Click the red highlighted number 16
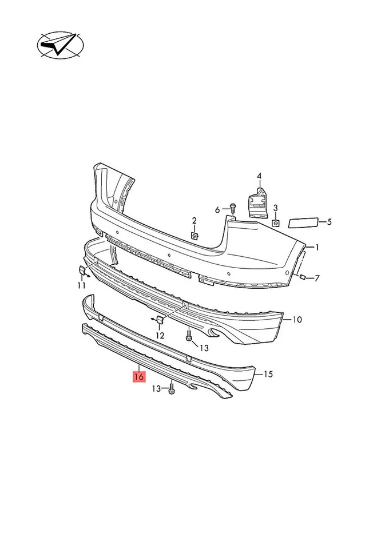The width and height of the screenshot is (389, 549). pyautogui.click(x=138, y=377)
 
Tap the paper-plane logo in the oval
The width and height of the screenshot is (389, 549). pyautogui.click(x=59, y=45)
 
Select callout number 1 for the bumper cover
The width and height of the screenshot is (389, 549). pyautogui.click(x=317, y=247)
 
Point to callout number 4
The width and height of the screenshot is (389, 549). pyautogui.click(x=259, y=176)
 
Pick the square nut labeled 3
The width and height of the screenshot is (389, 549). pyautogui.click(x=275, y=222)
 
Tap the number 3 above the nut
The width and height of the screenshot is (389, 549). pyautogui.click(x=275, y=208)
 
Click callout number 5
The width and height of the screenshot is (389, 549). pyautogui.click(x=329, y=222)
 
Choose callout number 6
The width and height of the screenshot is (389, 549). pyautogui.click(x=217, y=210)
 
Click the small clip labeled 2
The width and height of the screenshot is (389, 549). pyautogui.click(x=194, y=234)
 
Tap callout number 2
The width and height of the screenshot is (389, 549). pyautogui.click(x=194, y=221)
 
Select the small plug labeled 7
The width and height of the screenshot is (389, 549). pyautogui.click(x=301, y=277)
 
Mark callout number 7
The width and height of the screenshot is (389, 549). pyautogui.click(x=317, y=279)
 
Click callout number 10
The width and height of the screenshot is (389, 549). pyautogui.click(x=297, y=320)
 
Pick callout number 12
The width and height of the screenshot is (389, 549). pyautogui.click(x=160, y=335)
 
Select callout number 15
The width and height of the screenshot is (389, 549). pyautogui.click(x=268, y=375)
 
